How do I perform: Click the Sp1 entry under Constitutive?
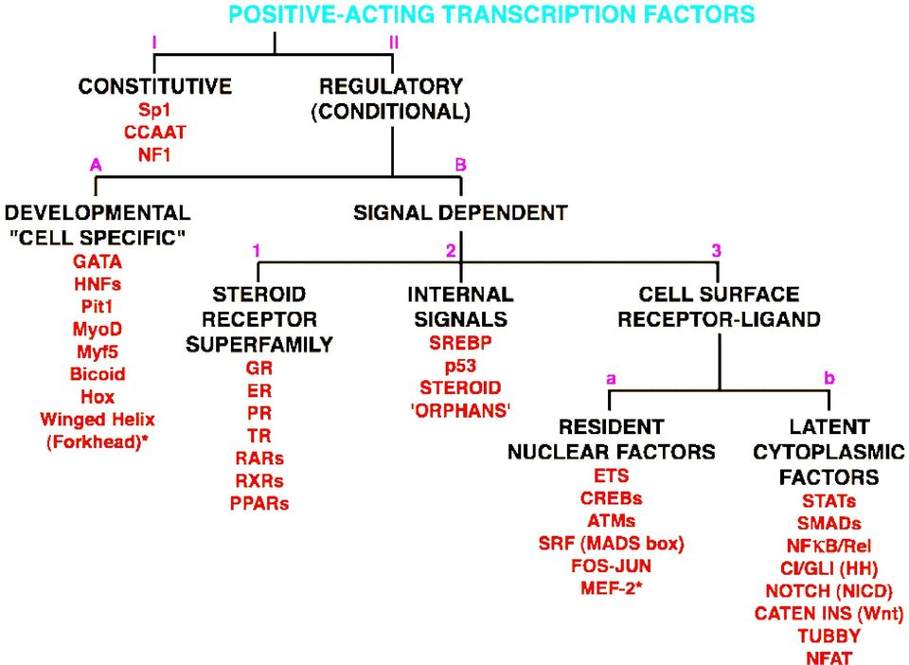coord(154,110)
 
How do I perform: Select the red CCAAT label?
coord(154,133)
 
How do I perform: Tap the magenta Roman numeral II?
coord(394,43)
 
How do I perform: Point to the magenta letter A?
coord(96,165)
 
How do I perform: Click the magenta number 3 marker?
coord(717,250)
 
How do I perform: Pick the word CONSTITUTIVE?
coord(154,86)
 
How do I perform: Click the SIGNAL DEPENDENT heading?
coord(460,213)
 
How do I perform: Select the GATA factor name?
coord(98,262)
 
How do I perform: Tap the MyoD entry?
coord(98,330)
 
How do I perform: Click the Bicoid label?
coord(98,374)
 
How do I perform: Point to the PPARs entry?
coord(259,503)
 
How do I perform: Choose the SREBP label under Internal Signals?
coord(460,343)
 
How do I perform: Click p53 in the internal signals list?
coord(460,366)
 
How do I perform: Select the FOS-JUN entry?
coord(611,566)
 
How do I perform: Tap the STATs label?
coord(829,500)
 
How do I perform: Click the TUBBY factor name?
coord(829,636)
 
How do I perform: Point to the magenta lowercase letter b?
coord(829,378)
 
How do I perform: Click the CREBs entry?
coord(611,498)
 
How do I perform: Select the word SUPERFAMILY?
coord(259,345)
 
